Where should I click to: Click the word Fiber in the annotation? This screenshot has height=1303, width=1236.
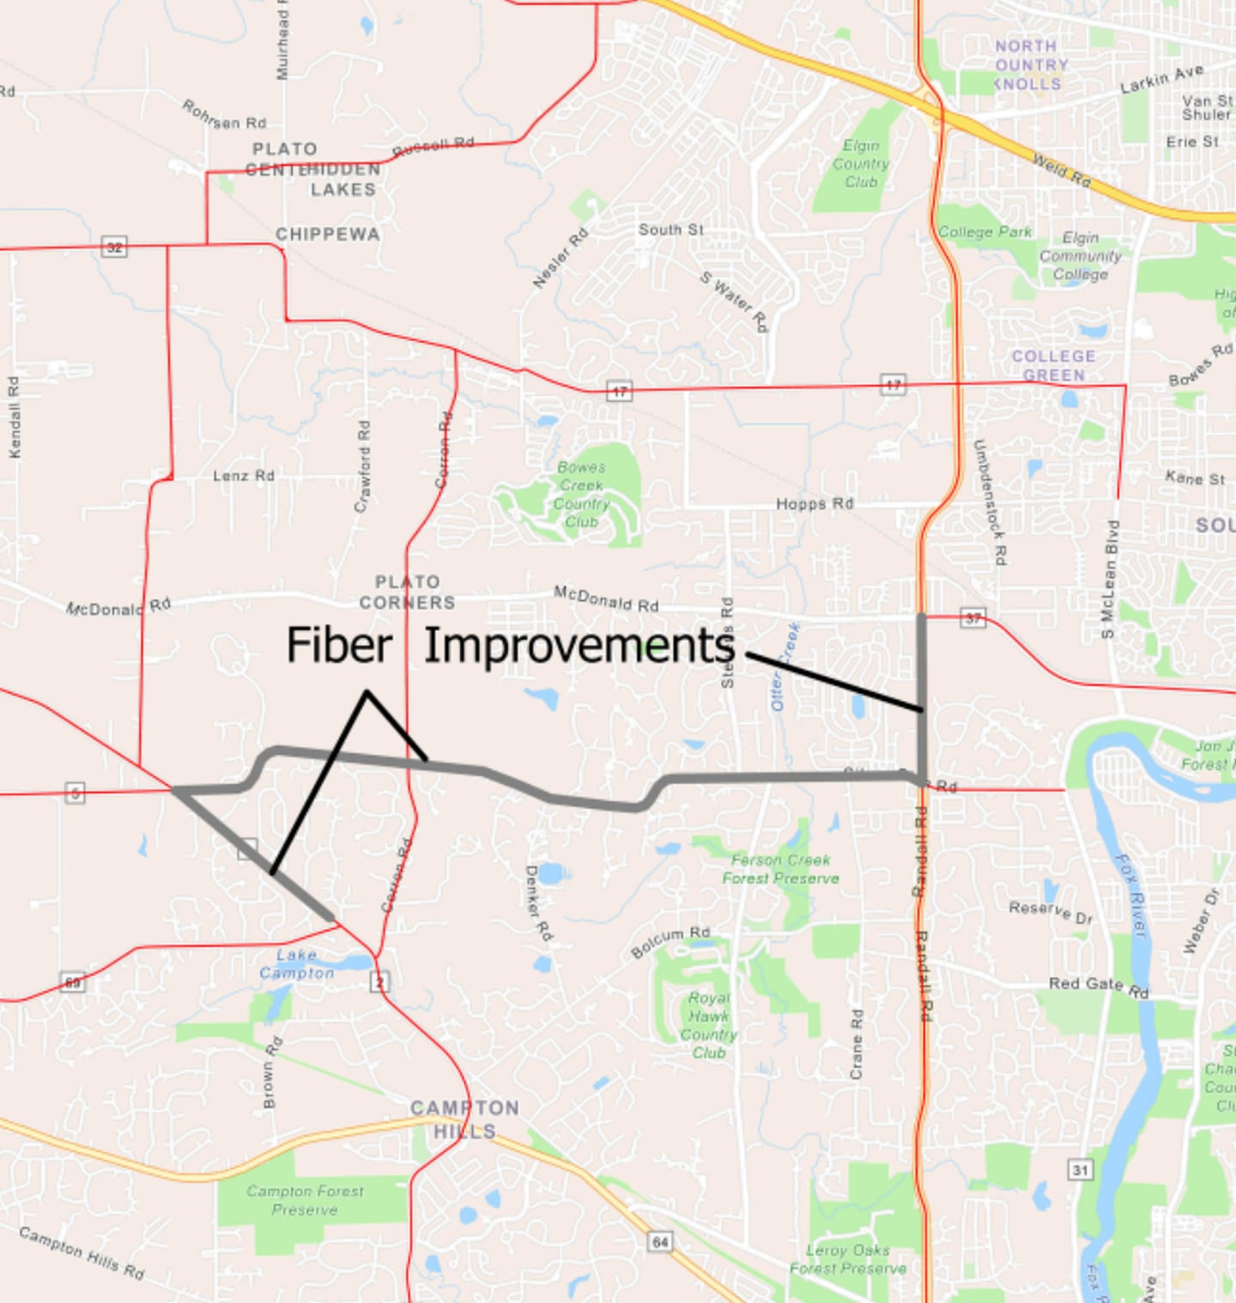pyautogui.click(x=339, y=645)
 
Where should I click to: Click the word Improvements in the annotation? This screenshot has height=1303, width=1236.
pyautogui.click(x=579, y=646)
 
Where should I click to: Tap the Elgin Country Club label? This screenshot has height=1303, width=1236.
pyautogui.click(x=860, y=163)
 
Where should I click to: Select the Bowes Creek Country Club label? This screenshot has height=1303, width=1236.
pyautogui.click(x=581, y=494)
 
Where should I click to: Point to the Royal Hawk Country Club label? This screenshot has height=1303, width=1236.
pyautogui.click(x=709, y=1025)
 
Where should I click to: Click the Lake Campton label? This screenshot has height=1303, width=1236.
pyautogui.click(x=296, y=964)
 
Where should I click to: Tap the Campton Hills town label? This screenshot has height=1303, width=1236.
pyautogui.click(x=464, y=1119)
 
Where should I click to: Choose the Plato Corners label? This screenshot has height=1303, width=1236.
pyautogui.click(x=407, y=593)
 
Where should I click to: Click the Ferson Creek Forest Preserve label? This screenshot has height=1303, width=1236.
pyautogui.click(x=780, y=868)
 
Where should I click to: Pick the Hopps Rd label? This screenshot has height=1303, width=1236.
pyautogui.click(x=815, y=503)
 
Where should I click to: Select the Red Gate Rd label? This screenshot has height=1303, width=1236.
pyautogui.click(x=1099, y=986)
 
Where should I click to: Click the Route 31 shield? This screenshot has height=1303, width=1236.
pyautogui.click(x=1080, y=1169)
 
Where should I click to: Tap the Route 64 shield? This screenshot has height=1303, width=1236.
pyautogui.click(x=660, y=1241)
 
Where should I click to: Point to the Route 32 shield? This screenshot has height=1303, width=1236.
pyautogui.click(x=114, y=247)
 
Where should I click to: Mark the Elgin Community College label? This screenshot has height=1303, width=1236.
pyautogui.click(x=1080, y=256)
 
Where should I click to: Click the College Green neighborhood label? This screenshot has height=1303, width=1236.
pyautogui.click(x=1053, y=365)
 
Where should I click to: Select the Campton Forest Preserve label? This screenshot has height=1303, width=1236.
pyautogui.click(x=305, y=1200)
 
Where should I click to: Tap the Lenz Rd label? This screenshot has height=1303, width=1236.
pyautogui.click(x=244, y=475)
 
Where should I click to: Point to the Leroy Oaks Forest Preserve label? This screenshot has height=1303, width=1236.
pyautogui.click(x=848, y=1259)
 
